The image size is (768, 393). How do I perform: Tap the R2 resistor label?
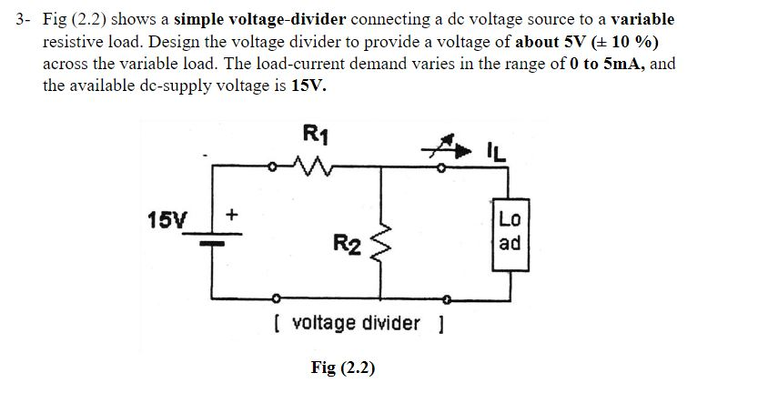coord(347,243)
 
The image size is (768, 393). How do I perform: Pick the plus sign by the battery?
coord(231,215)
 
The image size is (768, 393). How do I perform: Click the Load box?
coord(510,231)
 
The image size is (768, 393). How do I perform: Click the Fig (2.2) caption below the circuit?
coord(342,368)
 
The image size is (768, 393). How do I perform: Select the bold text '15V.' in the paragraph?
coord(308,86)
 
